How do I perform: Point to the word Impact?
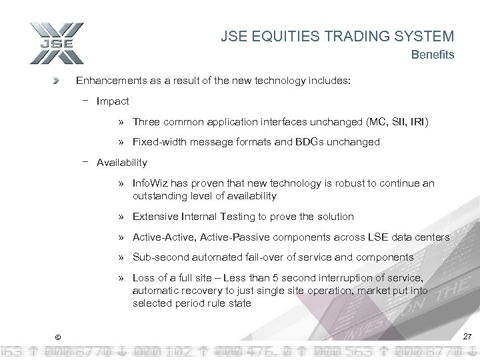113,102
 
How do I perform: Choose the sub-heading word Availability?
122,162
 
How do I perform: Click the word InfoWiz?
152,182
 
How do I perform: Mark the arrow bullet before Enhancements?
57,81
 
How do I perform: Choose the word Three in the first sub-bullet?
146,122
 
